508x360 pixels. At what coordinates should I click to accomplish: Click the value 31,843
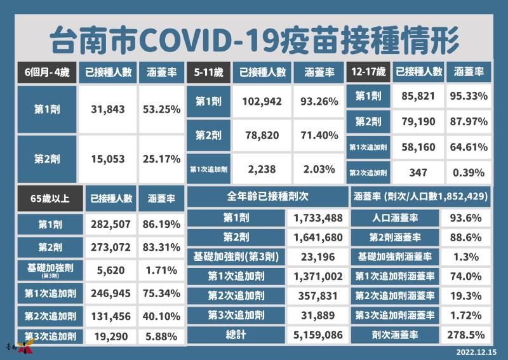point(107,109)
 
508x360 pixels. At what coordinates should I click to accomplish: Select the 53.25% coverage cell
point(161,109)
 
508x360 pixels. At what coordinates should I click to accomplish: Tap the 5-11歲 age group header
point(209,72)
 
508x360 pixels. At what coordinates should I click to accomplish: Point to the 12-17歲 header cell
point(368,71)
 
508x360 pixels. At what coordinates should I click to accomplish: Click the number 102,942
point(262,102)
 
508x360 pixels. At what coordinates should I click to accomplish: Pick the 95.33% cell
point(469,96)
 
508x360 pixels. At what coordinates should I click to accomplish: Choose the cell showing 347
point(418,173)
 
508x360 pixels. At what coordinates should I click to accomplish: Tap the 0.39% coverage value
point(469,173)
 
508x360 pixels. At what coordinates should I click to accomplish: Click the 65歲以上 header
point(50,198)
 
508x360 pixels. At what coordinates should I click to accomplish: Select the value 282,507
point(110,224)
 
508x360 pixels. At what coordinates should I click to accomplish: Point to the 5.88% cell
point(161,337)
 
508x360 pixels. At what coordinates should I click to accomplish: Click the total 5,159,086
point(318,335)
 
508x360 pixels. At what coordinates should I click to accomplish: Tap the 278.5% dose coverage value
point(466,335)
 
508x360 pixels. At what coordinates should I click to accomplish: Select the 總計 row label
point(236,335)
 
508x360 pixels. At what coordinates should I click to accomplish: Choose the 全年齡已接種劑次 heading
point(267,196)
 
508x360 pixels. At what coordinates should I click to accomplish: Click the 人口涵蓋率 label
point(395,218)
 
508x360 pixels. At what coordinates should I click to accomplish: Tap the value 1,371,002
point(318,276)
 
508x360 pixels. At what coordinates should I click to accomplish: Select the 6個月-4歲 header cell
point(47,72)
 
